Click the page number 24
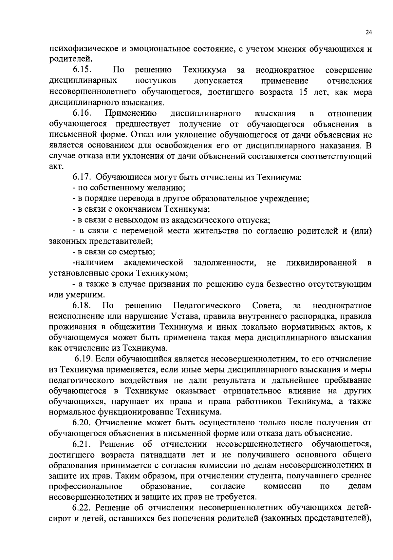tap(368, 32)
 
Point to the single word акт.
tap(56, 167)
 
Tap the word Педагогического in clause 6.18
tap(207, 306)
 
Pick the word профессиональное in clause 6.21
tap(85, 486)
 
